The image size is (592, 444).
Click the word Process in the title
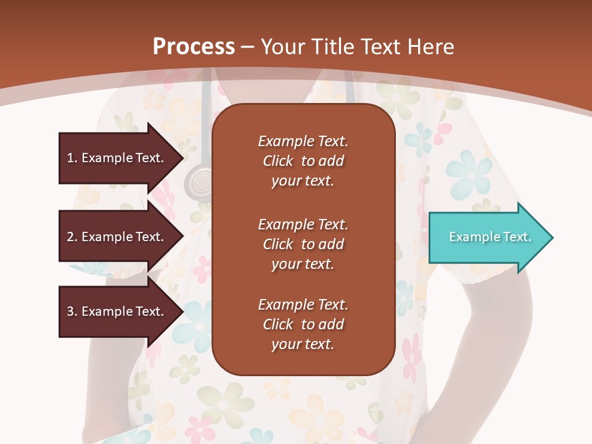click(194, 47)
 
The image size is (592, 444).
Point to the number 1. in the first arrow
click(72, 158)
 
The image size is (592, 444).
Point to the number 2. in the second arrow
click(72, 237)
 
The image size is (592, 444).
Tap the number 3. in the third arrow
click(72, 311)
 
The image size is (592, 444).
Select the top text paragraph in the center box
click(303, 161)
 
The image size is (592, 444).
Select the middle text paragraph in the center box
click(303, 244)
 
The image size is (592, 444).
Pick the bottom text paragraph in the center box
click(303, 324)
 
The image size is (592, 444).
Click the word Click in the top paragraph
click(278, 161)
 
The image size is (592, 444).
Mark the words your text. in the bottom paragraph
click(303, 344)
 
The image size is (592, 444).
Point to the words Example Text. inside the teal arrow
click(490, 237)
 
